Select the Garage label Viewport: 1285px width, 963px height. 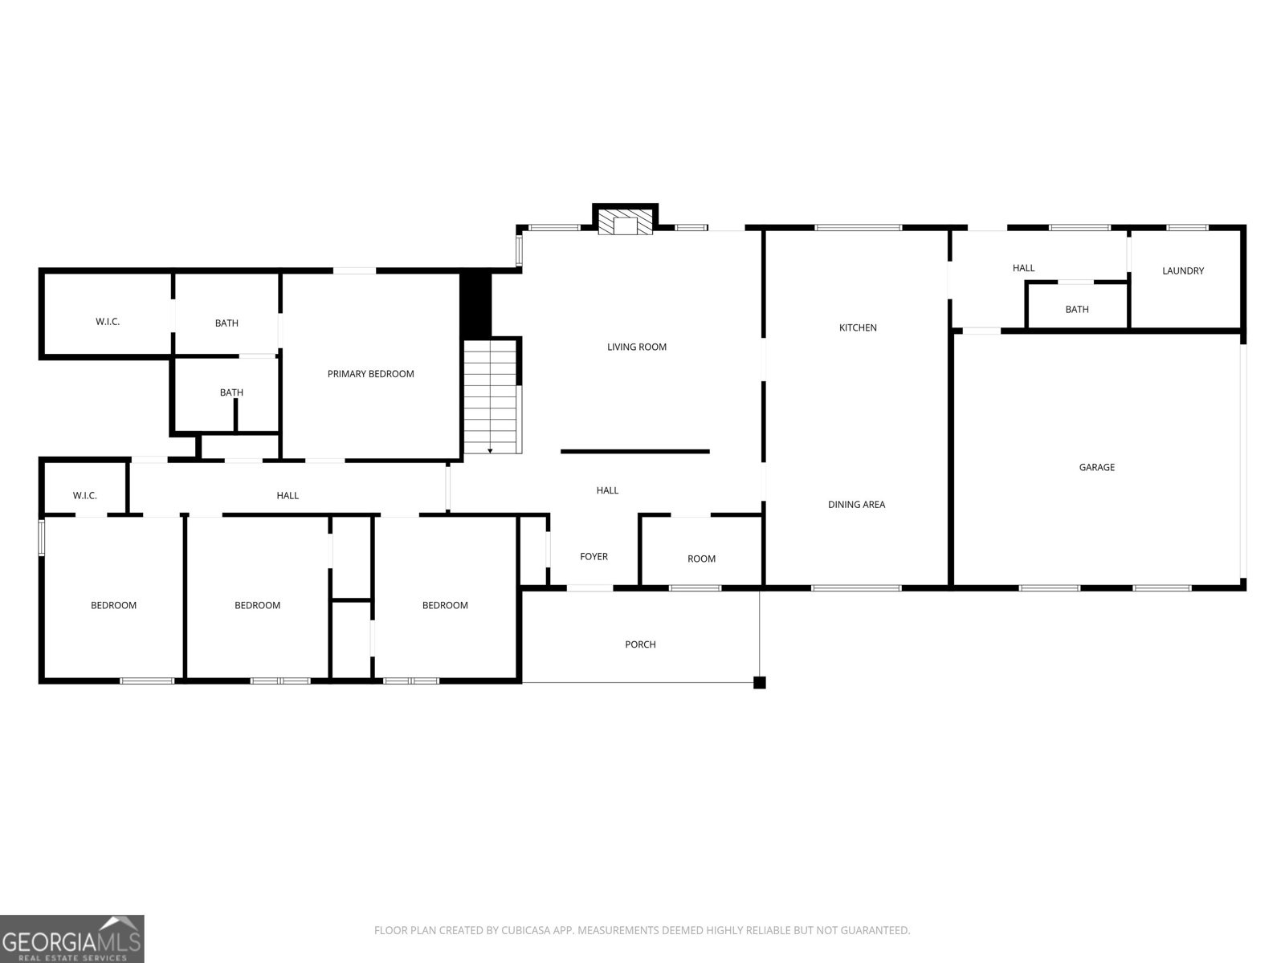click(x=1096, y=467)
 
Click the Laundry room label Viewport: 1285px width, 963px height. click(x=1182, y=270)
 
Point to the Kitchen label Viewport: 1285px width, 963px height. click(x=858, y=327)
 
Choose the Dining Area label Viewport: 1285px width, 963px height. click(x=856, y=504)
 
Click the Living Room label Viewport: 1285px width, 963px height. click(x=636, y=347)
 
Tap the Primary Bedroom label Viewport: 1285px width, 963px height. click(x=370, y=374)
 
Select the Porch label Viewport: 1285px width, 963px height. click(x=640, y=644)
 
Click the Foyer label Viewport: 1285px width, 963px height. click(x=594, y=557)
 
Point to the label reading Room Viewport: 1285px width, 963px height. click(x=701, y=559)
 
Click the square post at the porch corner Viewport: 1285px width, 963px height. click(x=759, y=682)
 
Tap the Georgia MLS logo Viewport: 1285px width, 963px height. click(x=72, y=938)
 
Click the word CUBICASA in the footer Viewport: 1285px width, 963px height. click(x=522, y=930)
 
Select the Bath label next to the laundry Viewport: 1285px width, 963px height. click(x=1077, y=309)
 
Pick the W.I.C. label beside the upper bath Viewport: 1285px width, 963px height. click(x=108, y=322)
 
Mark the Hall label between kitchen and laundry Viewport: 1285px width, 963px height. click(x=1023, y=268)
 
